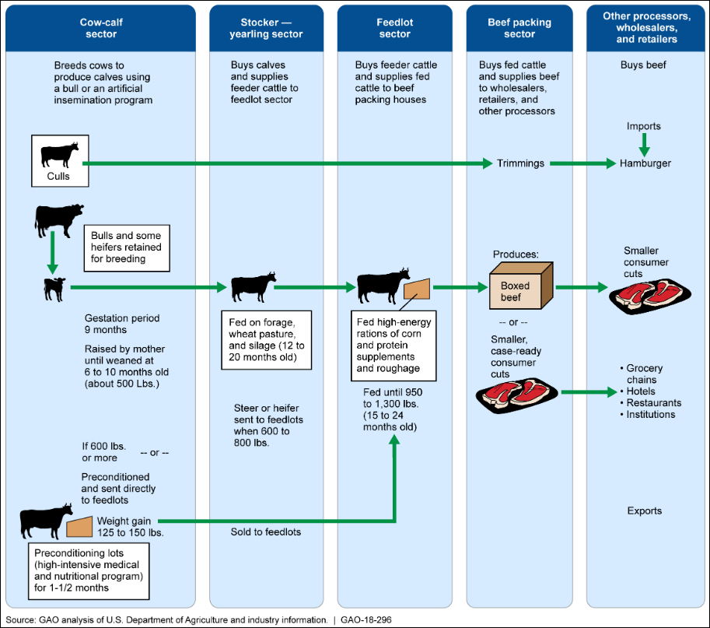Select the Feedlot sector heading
[x=394, y=28]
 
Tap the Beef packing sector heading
[x=519, y=28]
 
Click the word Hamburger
[x=645, y=163]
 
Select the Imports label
[x=644, y=126]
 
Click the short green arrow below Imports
[x=644, y=144]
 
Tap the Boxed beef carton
[x=521, y=286]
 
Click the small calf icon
[x=54, y=288]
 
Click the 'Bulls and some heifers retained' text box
[x=126, y=247]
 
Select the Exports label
[x=644, y=511]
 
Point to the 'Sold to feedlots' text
[x=265, y=532]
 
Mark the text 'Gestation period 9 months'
[x=122, y=323]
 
